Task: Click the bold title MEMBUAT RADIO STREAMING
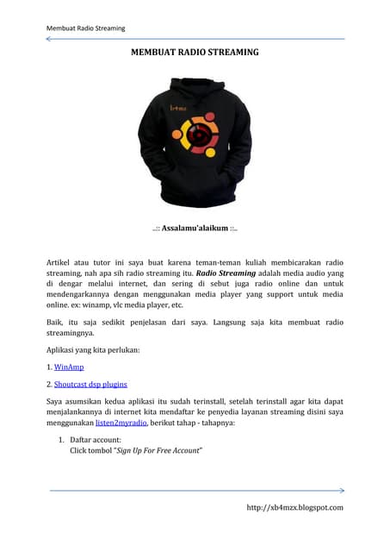tap(195, 53)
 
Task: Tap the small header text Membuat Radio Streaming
tap(85, 28)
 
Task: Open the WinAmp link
tap(70, 367)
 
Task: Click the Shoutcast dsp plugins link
tap(91, 383)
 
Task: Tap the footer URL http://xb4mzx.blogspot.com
tap(295, 507)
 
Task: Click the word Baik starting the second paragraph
tap(54, 322)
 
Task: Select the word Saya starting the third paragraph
tap(56, 400)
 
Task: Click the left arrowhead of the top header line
tap(48, 38)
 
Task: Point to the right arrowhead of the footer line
tap(342, 490)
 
